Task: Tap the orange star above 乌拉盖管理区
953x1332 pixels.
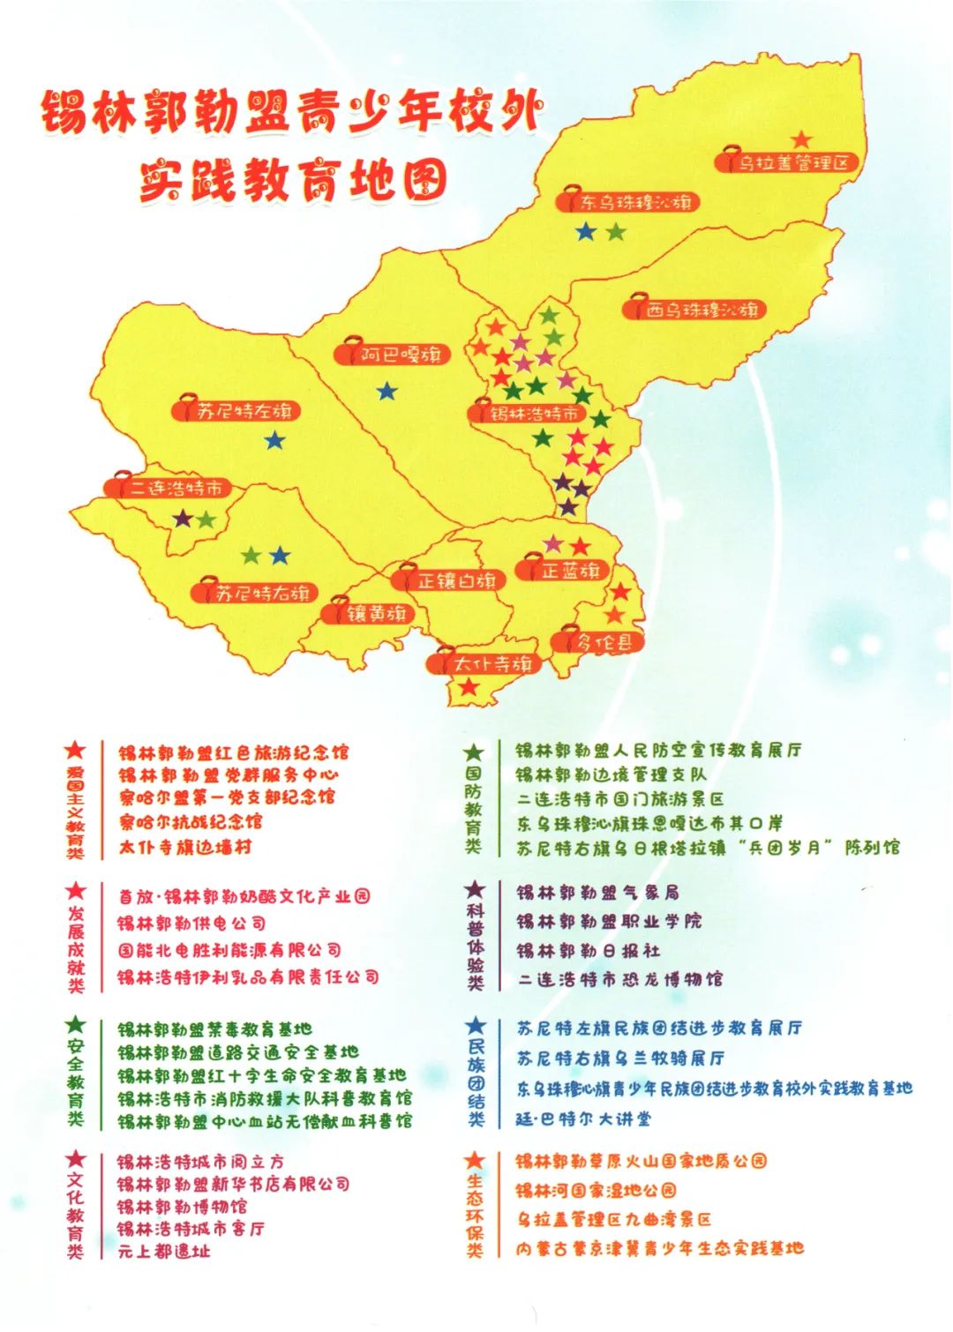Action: [801, 139]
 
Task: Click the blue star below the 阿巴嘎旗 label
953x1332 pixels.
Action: [386, 391]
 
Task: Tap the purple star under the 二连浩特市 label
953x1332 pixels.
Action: [183, 518]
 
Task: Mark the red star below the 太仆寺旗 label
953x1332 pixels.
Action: [469, 686]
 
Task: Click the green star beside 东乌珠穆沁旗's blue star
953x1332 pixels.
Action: [616, 232]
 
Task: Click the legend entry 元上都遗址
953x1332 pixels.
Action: [164, 1251]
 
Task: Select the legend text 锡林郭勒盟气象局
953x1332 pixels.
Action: [597, 893]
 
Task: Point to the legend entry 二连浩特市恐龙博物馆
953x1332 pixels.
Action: [619, 979]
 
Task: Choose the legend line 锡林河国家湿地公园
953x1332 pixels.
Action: [597, 1191]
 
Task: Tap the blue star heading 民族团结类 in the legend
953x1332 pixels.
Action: [476, 1025]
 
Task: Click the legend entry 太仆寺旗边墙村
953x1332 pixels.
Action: [185, 847]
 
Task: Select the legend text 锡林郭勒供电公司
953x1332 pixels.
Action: [192, 924]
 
